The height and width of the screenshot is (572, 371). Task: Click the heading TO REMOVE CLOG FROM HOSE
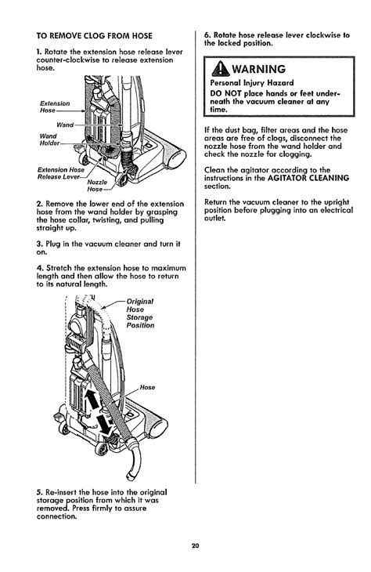coord(95,36)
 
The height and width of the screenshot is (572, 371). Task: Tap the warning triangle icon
coord(221,69)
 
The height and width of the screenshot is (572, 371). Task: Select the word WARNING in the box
coord(259,69)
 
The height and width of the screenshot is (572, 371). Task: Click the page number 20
coord(195,546)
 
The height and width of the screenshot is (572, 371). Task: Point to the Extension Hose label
coord(55,107)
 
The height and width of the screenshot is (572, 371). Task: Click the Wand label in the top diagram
coord(65,125)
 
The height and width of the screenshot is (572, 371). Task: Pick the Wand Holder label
coord(49,139)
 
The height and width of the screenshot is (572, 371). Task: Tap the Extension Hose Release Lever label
coord(60,173)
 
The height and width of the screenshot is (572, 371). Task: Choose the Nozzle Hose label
coord(97,186)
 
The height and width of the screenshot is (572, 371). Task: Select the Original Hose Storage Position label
coord(140,313)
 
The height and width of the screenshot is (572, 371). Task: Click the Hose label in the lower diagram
coord(148,387)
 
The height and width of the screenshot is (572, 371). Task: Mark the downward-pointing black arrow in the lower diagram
coord(105,424)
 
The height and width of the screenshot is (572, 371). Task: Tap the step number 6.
coord(207,35)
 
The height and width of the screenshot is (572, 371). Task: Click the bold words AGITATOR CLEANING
coord(308,178)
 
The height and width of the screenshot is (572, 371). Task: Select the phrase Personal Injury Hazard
coord(252,83)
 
